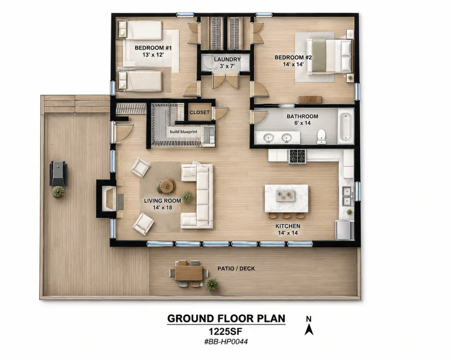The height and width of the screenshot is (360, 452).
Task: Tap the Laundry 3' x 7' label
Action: click(227, 63)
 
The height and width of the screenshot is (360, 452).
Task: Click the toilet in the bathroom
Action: click(321, 136)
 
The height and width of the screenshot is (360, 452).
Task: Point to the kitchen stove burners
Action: click(297, 156)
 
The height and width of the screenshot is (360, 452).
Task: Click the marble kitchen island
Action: click(286, 199)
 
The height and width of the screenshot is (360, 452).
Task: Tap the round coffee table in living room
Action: click(166, 186)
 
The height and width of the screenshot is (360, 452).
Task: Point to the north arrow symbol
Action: click(309, 326)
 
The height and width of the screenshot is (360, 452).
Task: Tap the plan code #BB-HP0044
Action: click(226, 342)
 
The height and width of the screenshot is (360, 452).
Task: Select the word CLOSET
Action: click(200, 113)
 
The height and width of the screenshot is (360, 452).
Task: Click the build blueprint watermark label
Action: click(184, 132)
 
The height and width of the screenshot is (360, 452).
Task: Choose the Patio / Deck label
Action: click(236, 269)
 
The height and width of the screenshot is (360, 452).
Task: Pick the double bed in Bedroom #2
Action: click(329, 56)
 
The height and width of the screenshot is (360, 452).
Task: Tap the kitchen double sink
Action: click(347, 196)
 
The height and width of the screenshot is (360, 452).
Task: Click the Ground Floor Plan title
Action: click(226, 318)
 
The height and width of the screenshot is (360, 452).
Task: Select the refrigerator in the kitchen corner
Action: click(345, 230)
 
